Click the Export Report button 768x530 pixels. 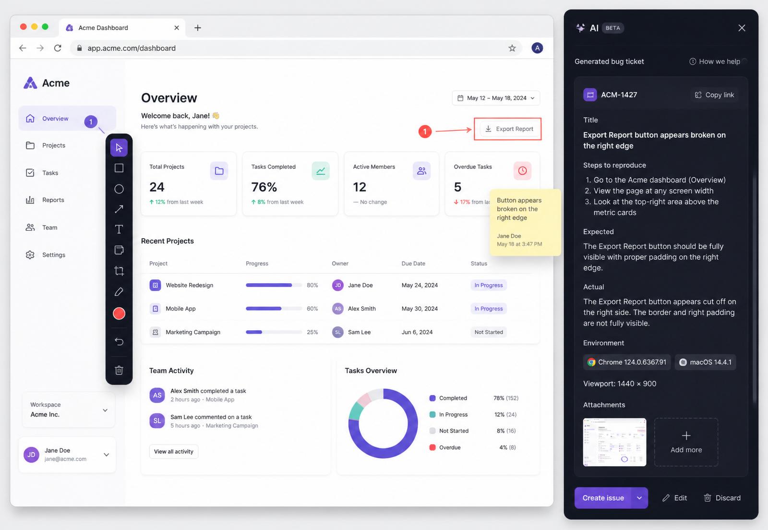pos(509,129)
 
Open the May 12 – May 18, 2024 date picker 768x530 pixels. pos(496,98)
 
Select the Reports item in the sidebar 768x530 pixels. pos(53,200)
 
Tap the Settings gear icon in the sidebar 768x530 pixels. pos(30,255)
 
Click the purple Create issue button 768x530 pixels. pos(603,498)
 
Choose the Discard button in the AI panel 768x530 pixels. pos(722,498)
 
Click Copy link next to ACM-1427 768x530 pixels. pos(715,95)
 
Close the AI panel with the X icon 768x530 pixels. pos(742,28)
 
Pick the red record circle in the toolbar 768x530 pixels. pos(119,313)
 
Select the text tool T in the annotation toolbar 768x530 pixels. pos(119,229)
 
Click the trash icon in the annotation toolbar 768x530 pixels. pos(119,370)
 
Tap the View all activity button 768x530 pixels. pos(173,451)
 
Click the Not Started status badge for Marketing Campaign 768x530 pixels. pos(489,332)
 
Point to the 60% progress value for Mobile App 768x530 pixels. pos(312,309)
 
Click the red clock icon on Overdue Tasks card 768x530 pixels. pos(523,171)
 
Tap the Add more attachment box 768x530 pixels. pos(686,442)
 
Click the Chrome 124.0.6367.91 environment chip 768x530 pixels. pos(627,362)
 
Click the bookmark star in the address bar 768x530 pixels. pos(512,48)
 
